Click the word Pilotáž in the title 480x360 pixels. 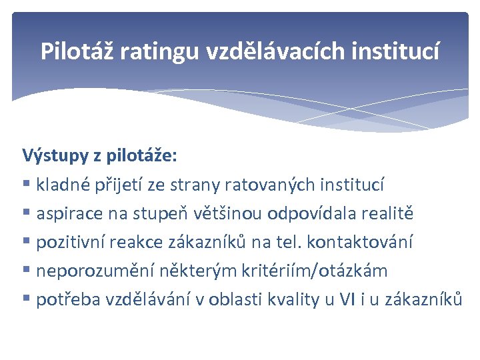click(77, 51)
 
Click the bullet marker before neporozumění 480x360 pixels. click(27, 271)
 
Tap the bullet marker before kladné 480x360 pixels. click(27, 185)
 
